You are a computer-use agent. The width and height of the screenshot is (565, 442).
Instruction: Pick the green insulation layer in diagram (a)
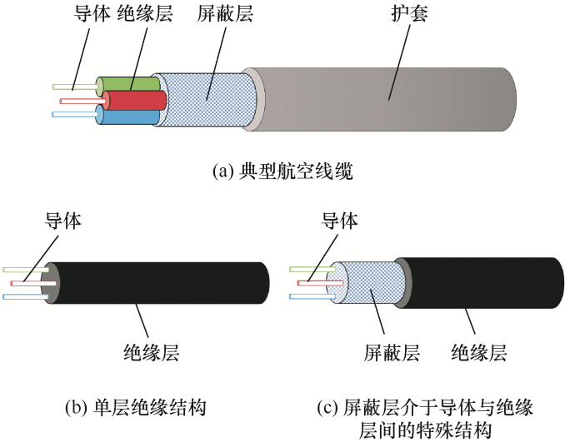click(x=125, y=84)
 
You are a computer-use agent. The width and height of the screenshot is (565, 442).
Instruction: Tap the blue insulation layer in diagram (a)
click(x=121, y=117)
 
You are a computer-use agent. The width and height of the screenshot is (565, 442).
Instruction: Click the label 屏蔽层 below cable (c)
click(x=392, y=353)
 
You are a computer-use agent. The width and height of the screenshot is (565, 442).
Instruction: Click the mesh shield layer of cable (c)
click(x=367, y=283)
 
